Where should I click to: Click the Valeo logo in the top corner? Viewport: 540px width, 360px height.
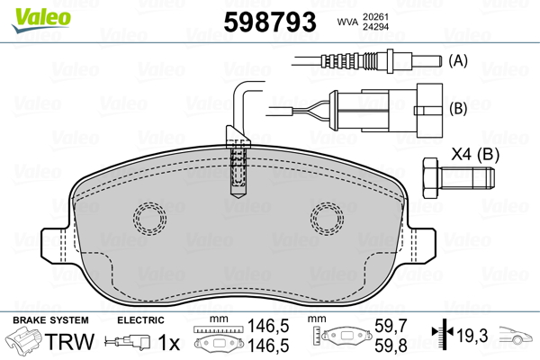tap(41, 20)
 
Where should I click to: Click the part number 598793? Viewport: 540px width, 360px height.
tap(270, 22)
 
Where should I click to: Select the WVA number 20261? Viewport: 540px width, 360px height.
tap(375, 17)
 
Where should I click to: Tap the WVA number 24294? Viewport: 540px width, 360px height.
tap(375, 26)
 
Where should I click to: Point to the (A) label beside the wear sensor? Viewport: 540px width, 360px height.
tap(458, 60)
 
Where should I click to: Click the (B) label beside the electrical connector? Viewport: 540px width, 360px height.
tap(458, 108)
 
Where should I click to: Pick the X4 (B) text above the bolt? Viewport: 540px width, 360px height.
tap(475, 154)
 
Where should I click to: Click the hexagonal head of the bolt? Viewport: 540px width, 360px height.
tap(430, 178)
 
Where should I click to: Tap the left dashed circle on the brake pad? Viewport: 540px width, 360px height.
tap(149, 202)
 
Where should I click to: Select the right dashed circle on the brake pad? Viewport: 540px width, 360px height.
tap(328, 202)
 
